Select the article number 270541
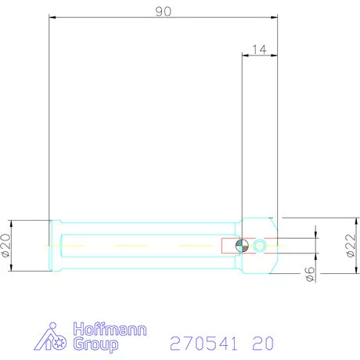(204, 343)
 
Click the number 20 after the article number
(263, 343)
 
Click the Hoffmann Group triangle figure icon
(54, 336)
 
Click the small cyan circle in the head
(260, 246)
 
